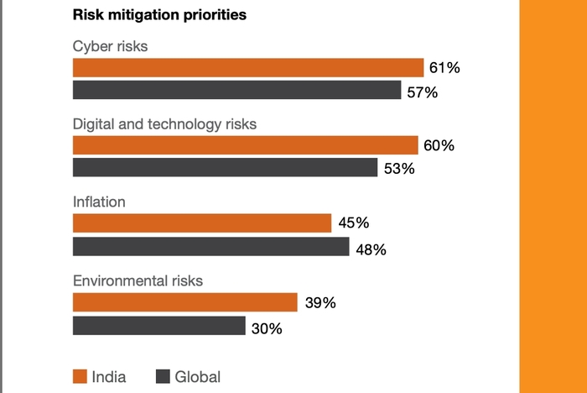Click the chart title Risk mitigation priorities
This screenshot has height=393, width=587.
pos(159,15)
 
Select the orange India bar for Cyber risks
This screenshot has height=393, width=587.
pos(248,68)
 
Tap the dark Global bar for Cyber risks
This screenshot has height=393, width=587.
pos(236,91)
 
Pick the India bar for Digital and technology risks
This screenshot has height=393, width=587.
pos(245,145)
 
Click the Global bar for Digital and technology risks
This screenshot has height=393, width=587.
pos(225,168)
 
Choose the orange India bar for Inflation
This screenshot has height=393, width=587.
pos(202,223)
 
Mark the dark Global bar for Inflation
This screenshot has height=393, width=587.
pos(210,246)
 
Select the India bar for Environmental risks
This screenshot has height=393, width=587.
pos(185,302)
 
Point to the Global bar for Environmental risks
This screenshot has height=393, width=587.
pos(158,326)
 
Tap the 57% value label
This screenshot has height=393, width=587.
pos(423,92)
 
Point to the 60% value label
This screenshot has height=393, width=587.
pos(439,146)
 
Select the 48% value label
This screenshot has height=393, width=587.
pos(370,249)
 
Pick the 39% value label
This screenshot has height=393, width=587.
pos(319,303)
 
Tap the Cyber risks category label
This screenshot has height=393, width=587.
pos(111,46)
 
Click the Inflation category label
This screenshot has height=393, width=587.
pos(99,202)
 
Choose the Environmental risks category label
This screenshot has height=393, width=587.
pos(138,280)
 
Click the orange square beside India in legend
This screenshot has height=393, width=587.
pos(80,376)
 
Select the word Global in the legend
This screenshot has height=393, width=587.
pos(197,377)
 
